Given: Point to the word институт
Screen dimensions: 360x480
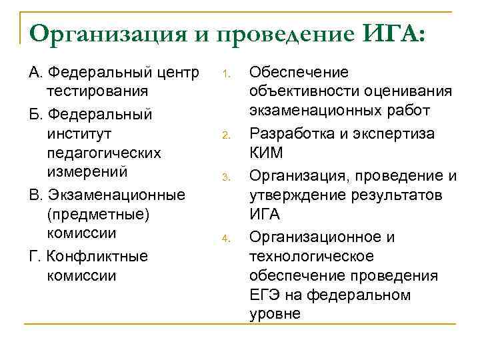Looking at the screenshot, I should (73, 134).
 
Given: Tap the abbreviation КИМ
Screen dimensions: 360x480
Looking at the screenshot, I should (265, 153).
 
